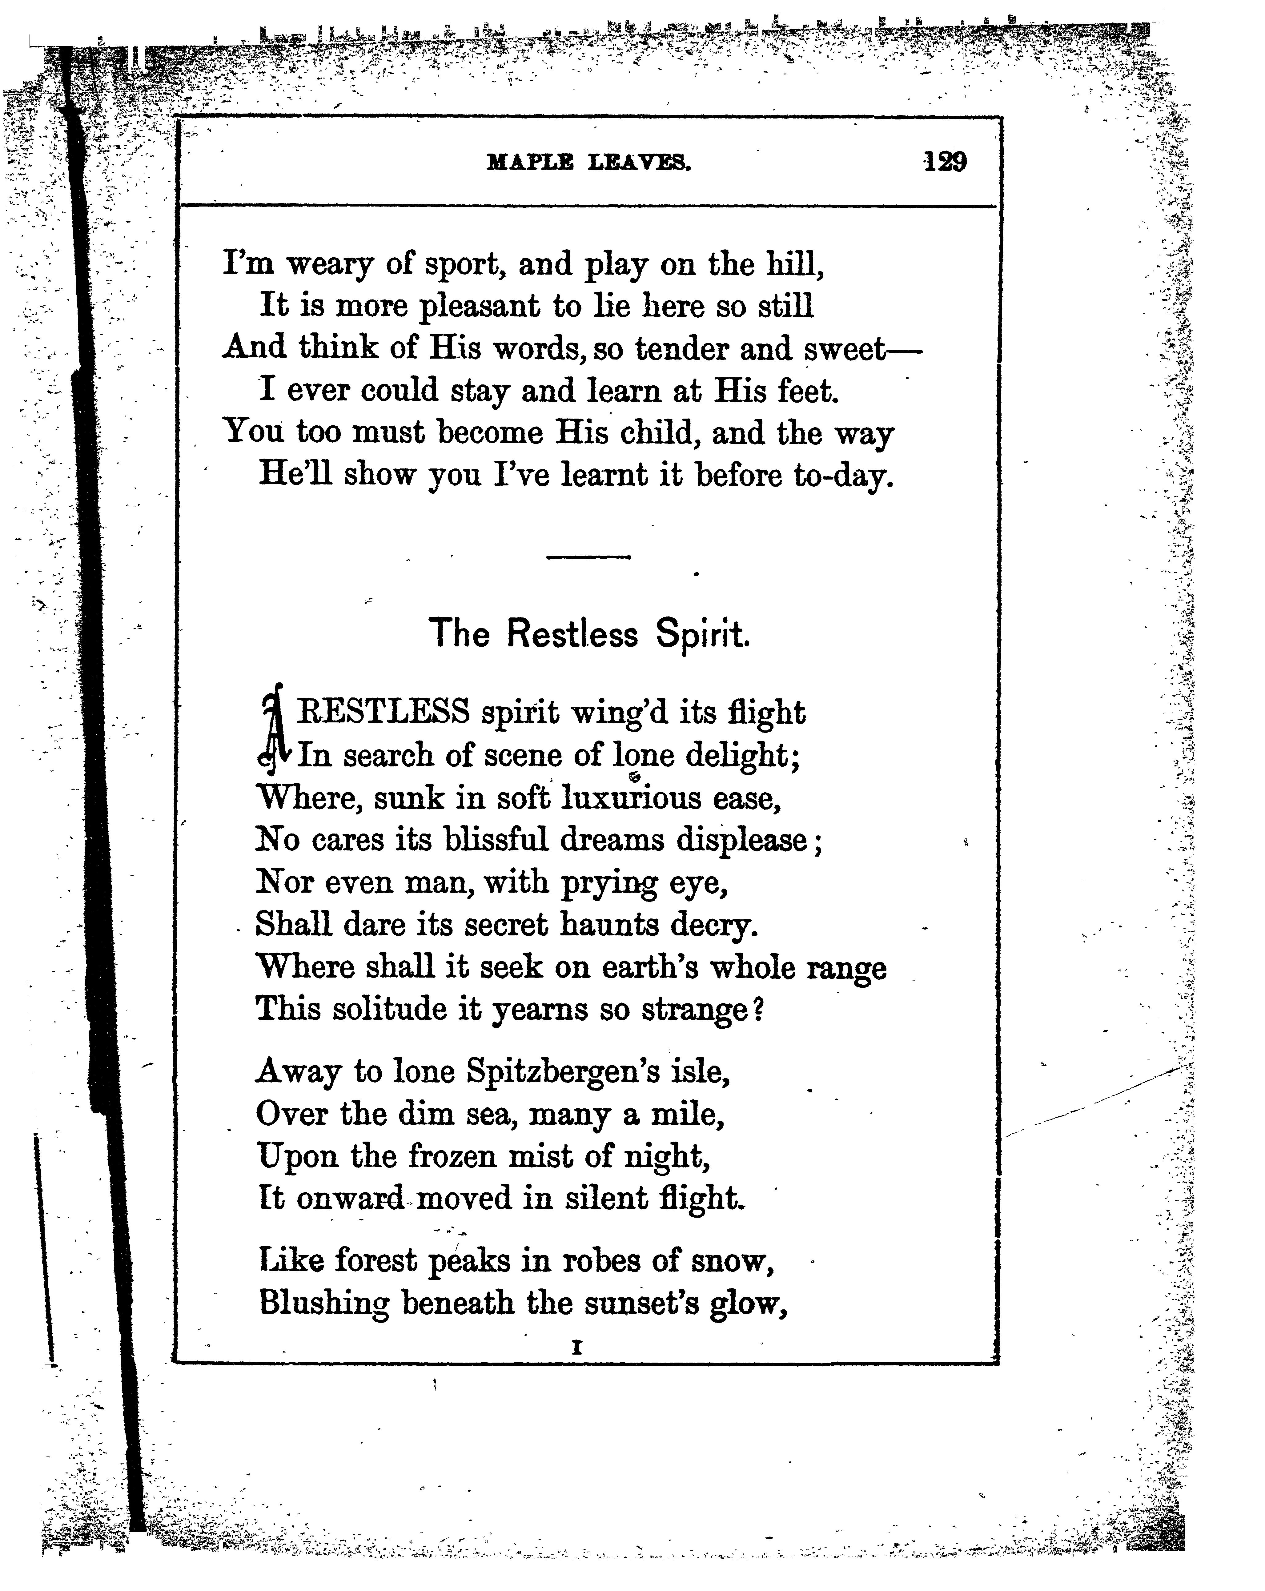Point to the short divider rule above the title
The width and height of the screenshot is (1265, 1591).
(588, 557)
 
